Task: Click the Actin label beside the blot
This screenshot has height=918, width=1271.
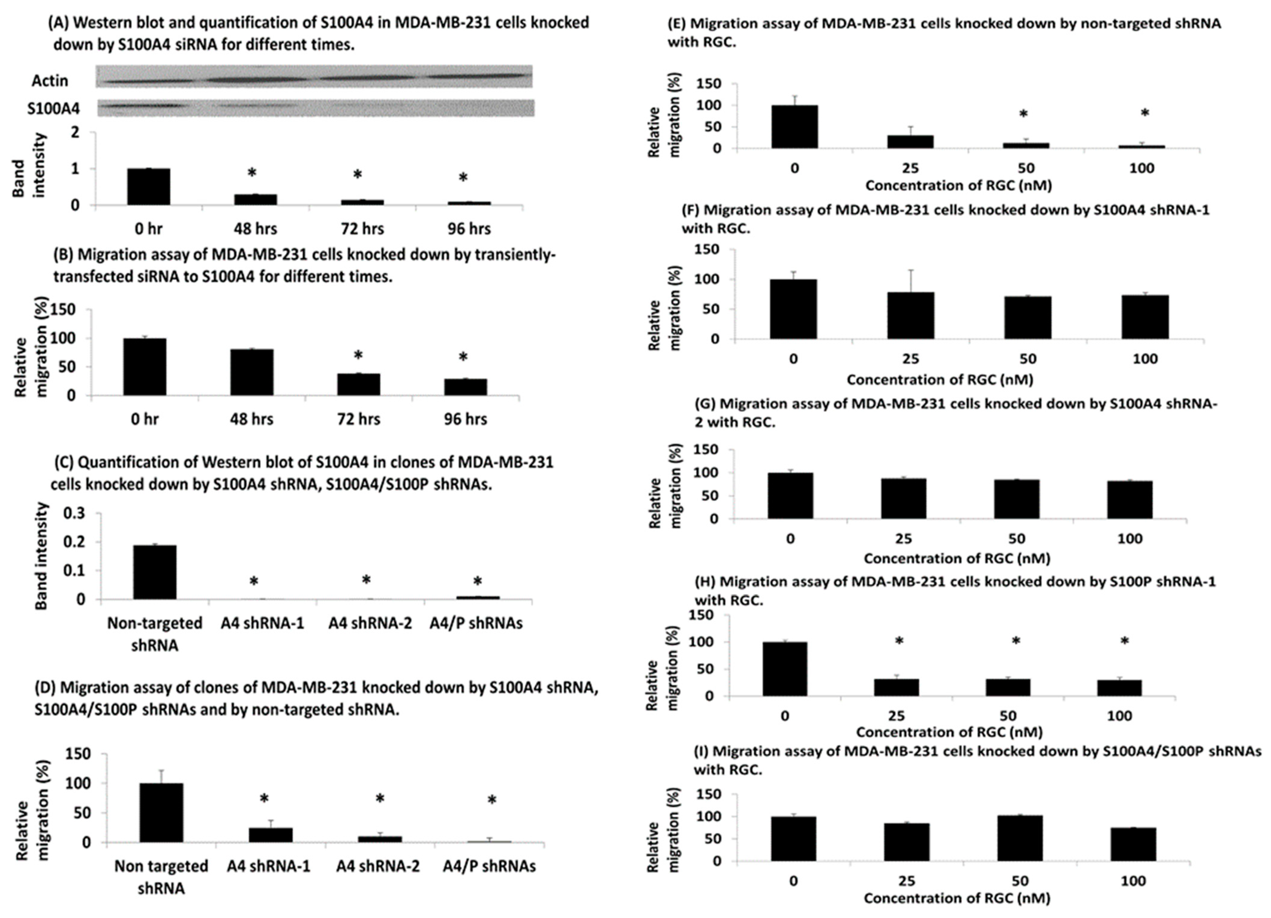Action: (50, 81)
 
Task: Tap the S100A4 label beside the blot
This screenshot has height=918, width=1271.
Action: (53, 108)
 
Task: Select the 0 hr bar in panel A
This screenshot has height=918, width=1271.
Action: (149, 187)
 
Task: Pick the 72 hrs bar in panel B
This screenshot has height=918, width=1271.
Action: (359, 385)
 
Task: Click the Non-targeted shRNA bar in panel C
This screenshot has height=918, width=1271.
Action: (155, 572)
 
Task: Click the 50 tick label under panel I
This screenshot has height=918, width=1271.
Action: (1020, 881)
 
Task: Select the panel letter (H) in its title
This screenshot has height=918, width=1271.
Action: (705, 582)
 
